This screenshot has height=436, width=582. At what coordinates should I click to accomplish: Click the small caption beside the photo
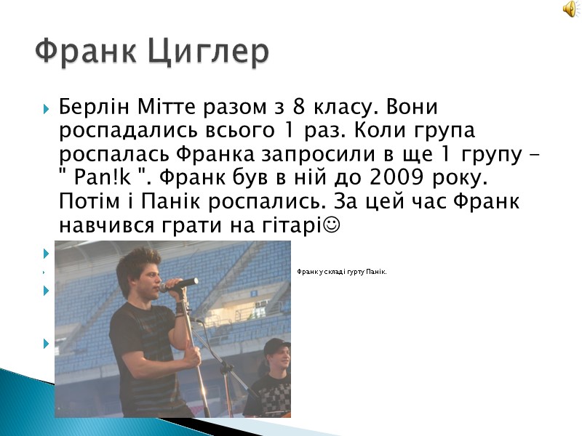pyautogui.click(x=341, y=272)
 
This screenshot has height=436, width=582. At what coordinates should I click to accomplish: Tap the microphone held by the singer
pyautogui.click(x=180, y=283)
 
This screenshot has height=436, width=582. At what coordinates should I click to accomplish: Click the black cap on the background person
pyautogui.click(x=276, y=346)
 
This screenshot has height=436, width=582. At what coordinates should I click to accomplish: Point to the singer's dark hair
pyautogui.click(x=137, y=261)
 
